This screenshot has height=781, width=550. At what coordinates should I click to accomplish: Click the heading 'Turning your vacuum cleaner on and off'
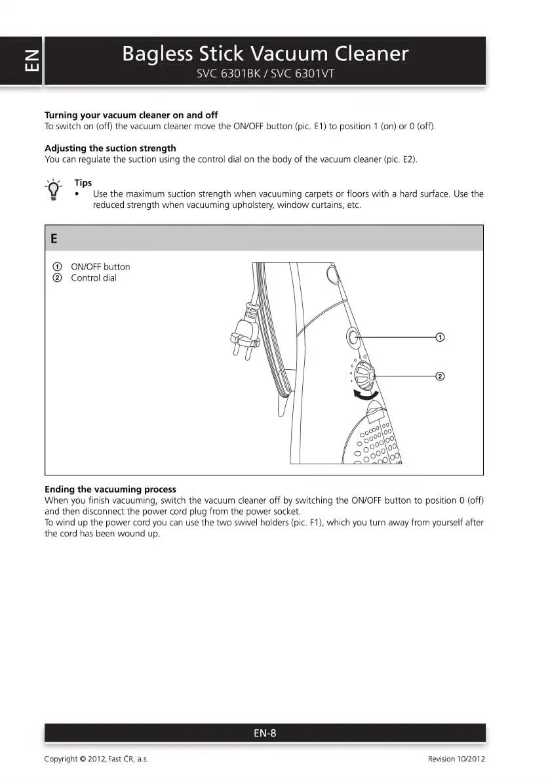click(x=131, y=115)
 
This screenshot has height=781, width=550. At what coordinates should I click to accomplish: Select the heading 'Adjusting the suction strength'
click(x=110, y=148)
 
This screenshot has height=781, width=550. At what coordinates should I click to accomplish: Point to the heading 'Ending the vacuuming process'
click(x=110, y=489)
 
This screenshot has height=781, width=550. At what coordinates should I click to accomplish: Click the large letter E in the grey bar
click(x=53, y=239)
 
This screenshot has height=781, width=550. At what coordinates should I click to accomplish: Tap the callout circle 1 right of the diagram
click(x=440, y=337)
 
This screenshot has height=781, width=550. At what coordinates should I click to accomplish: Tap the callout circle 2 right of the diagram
click(x=440, y=376)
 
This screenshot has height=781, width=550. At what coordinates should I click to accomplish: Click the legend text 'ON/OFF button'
click(x=100, y=267)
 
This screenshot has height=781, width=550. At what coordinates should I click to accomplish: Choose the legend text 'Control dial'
click(x=94, y=278)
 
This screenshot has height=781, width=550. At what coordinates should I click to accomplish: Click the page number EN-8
click(x=265, y=733)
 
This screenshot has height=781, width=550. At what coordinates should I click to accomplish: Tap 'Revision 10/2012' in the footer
click(x=456, y=759)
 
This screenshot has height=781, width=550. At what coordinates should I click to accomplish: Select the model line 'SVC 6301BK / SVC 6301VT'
click(x=265, y=73)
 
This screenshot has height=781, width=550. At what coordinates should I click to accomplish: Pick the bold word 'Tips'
click(x=83, y=183)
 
